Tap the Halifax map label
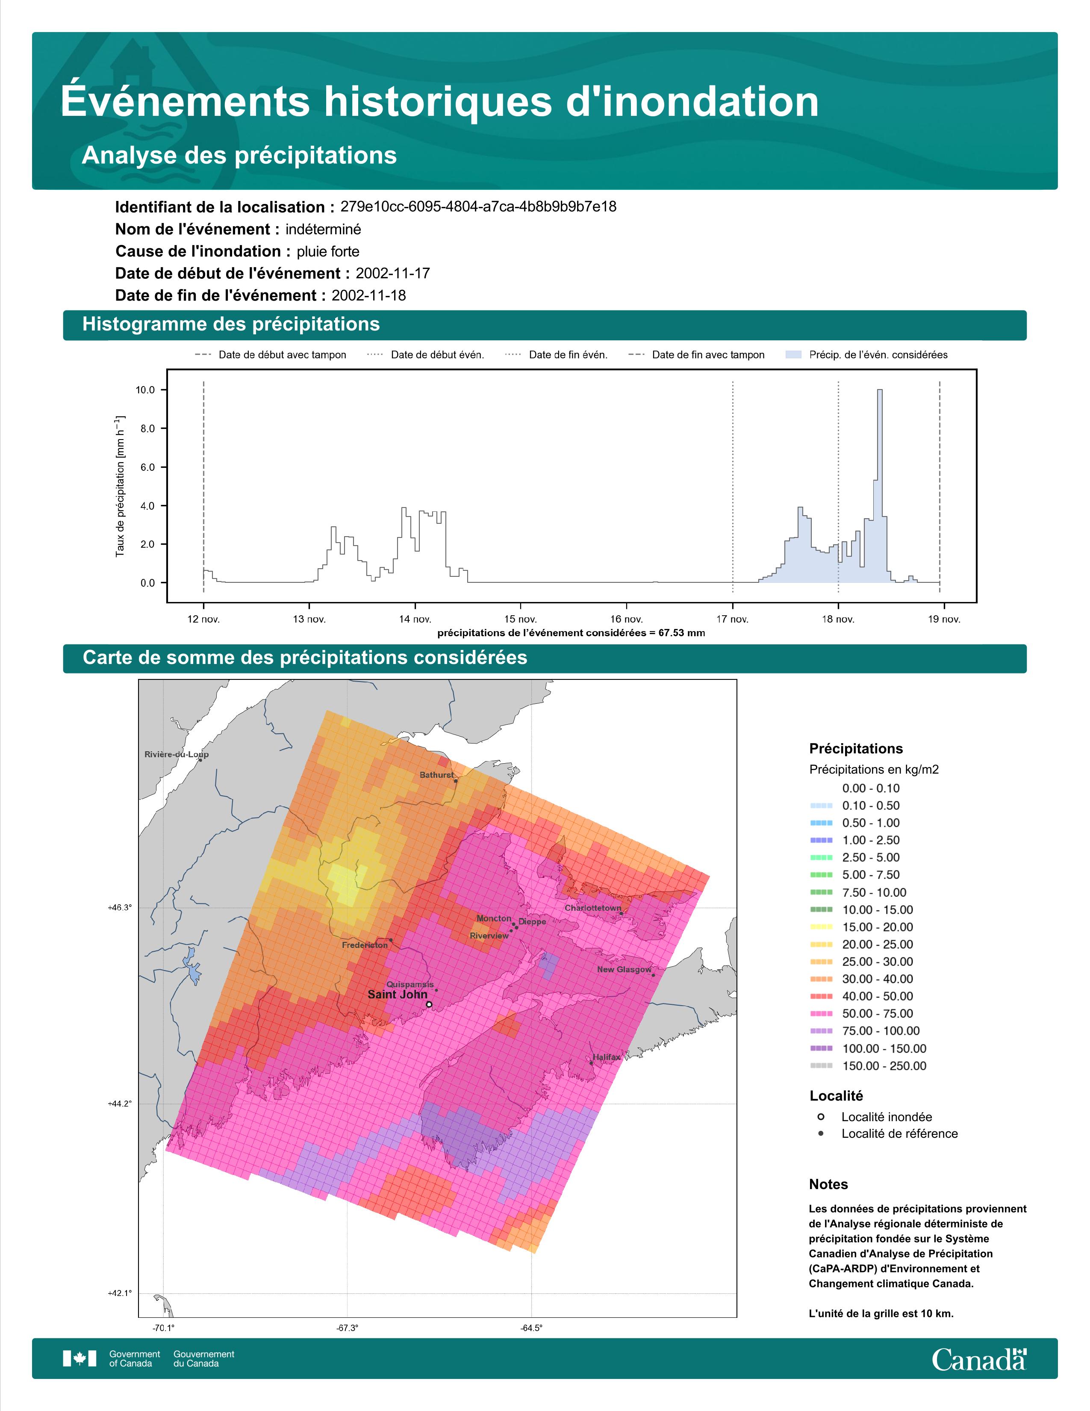point(607,1057)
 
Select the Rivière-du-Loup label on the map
point(176,754)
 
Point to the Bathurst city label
point(437,775)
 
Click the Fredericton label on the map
point(365,945)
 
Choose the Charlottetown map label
point(593,908)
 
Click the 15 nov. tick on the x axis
point(521,619)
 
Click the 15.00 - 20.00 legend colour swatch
point(821,927)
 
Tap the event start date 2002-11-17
point(392,273)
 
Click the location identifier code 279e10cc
point(478,207)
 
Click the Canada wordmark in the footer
point(979,1359)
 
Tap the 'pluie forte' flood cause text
point(328,251)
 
